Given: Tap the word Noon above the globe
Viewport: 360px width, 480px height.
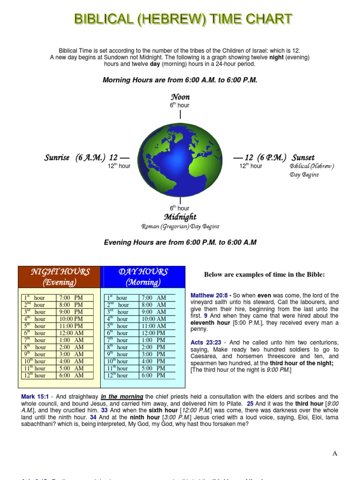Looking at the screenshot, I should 180,97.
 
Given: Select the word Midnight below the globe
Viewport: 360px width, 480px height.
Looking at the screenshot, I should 180,217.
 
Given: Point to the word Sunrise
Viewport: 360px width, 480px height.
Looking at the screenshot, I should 57,157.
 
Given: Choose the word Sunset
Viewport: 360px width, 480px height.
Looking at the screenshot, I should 303,157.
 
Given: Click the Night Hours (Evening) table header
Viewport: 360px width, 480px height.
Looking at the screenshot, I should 60,277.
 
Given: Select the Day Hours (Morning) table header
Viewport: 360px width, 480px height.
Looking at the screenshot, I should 143,277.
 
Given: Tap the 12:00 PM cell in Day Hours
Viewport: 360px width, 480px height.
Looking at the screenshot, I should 154,333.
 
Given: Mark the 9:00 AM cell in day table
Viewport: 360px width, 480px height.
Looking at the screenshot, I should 154,312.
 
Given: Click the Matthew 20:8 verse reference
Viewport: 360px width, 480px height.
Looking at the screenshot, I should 209,295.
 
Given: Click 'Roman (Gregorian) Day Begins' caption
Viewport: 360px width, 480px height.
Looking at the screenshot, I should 180,226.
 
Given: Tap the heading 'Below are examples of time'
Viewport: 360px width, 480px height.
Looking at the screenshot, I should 264,274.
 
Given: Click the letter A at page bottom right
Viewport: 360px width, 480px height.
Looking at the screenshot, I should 335,453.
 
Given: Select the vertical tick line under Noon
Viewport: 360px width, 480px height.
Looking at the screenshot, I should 180,114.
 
